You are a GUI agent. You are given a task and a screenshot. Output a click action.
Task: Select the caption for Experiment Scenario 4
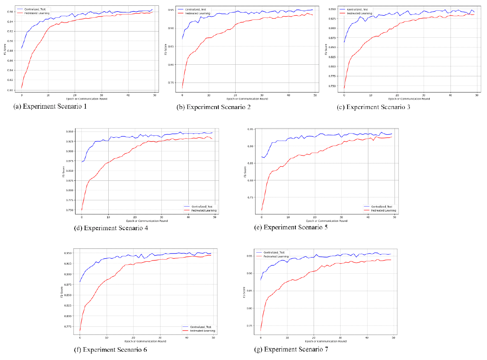117,227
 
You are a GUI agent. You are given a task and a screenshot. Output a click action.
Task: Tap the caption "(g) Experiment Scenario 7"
291,349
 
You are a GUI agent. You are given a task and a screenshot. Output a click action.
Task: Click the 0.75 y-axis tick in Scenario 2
170,83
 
